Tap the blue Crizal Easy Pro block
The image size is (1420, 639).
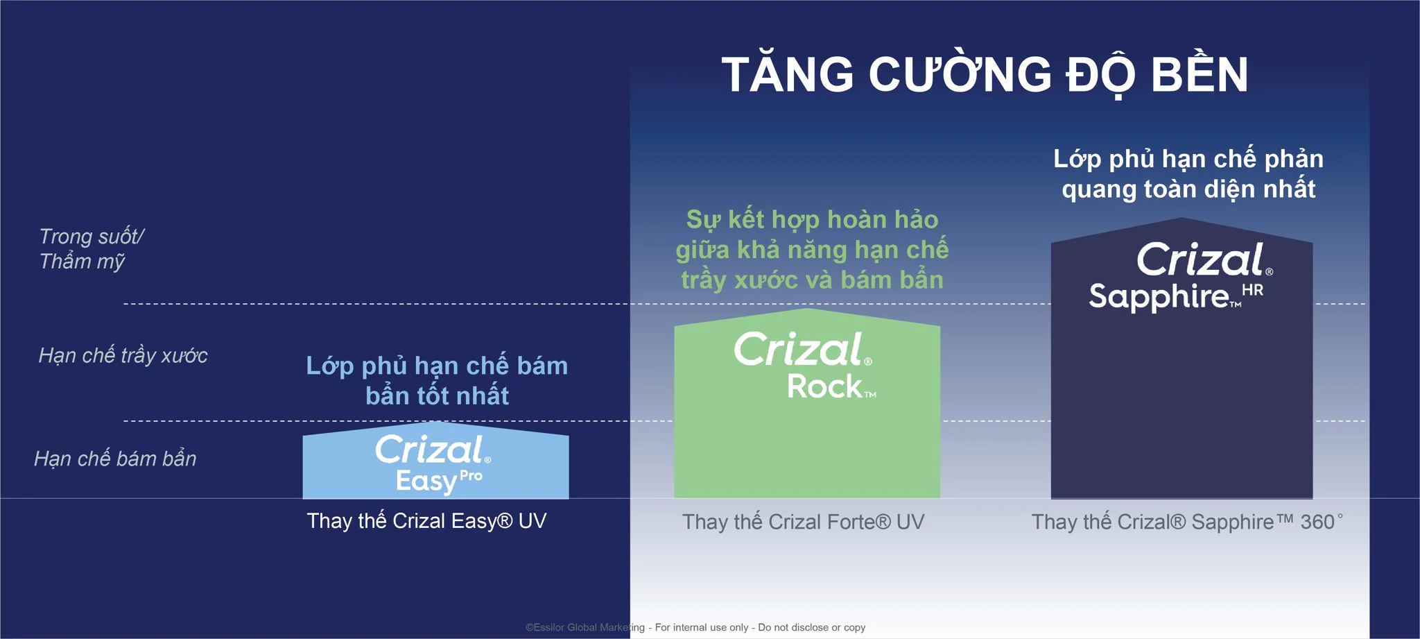point(435,461)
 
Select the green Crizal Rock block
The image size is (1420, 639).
point(807,403)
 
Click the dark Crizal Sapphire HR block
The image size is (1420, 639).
point(1181,359)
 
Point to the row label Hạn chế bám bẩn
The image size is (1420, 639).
point(115,459)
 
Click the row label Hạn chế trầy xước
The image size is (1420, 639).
point(123,355)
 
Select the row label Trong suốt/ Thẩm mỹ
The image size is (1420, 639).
point(91,248)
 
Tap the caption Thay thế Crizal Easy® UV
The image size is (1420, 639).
point(426,520)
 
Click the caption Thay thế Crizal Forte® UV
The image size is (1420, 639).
point(803,522)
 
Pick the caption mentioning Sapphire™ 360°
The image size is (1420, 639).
point(1187,522)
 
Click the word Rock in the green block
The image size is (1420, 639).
point(825,386)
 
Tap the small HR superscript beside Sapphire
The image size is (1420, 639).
point(1252,290)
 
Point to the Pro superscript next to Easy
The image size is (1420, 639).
point(471,477)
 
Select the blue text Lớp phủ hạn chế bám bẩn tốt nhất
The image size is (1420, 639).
point(437,380)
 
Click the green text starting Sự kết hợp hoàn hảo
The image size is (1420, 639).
point(812,250)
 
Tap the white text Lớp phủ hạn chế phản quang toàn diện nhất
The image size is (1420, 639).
point(1188,173)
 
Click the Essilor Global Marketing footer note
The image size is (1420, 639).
point(695,627)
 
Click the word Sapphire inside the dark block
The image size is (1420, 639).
point(1159,296)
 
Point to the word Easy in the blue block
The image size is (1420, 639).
point(426,481)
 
